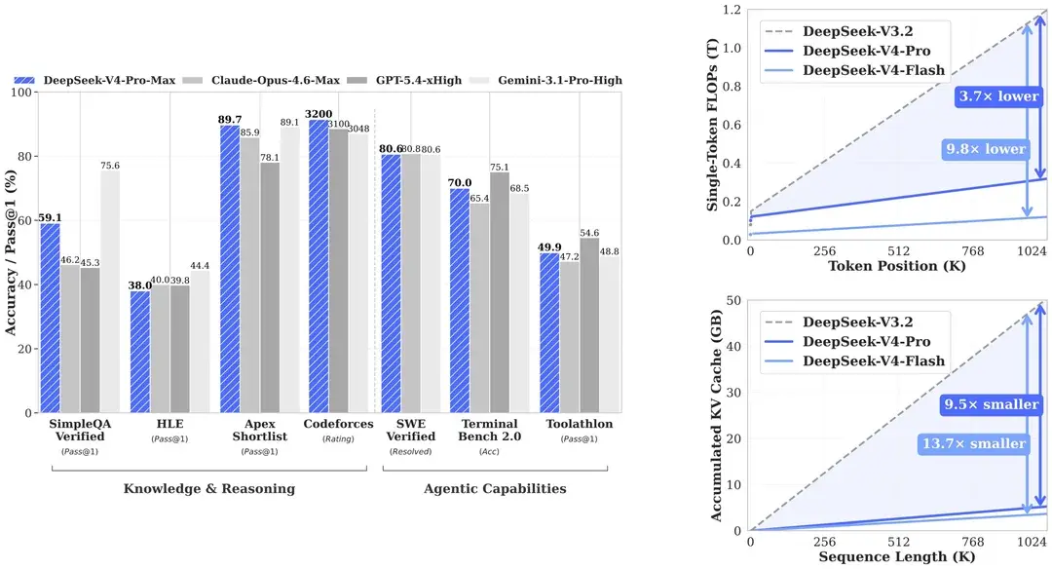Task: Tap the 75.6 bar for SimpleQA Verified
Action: click(110, 291)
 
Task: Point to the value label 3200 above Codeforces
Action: click(318, 114)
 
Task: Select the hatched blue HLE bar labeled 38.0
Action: click(140, 352)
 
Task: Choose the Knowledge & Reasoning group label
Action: click(208, 488)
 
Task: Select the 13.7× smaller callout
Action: click(974, 443)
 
